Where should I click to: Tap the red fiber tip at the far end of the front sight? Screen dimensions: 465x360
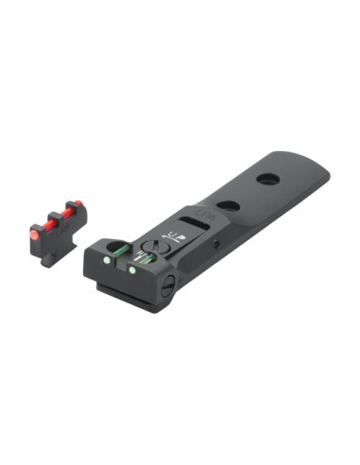click(77, 204)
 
